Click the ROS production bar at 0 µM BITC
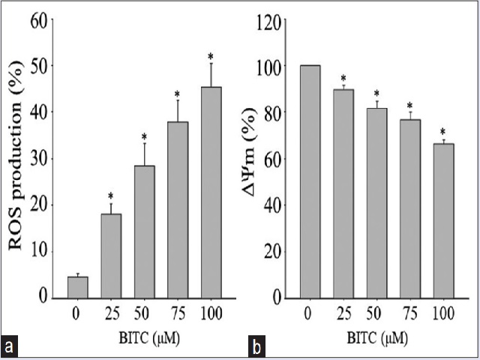77,287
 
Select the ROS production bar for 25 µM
111,256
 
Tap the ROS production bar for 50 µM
144,232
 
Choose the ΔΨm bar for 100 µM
442,220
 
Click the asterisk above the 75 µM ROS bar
178,94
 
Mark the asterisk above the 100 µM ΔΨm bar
442,133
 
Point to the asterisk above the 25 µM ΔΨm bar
343,78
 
